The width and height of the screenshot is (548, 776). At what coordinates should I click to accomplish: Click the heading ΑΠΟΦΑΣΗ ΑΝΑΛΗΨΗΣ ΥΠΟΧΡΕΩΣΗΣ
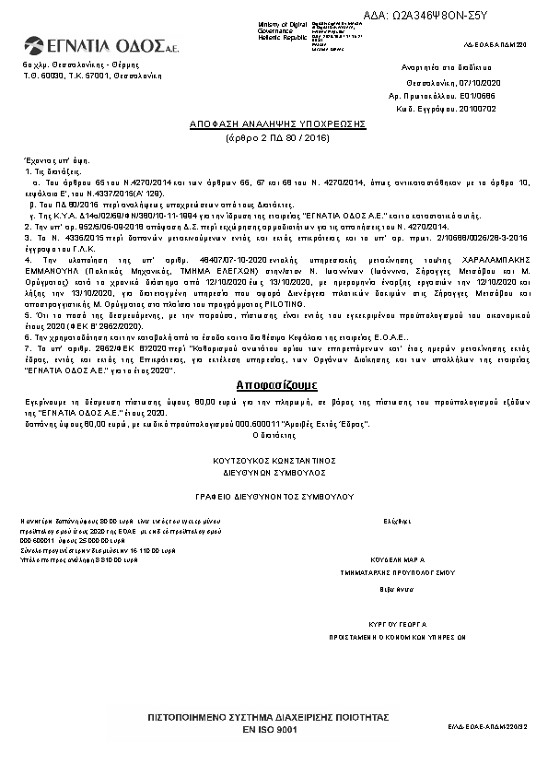[x=277, y=123]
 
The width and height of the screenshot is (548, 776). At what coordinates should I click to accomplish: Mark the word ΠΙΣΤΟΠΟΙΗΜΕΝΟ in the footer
[x=190, y=716]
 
